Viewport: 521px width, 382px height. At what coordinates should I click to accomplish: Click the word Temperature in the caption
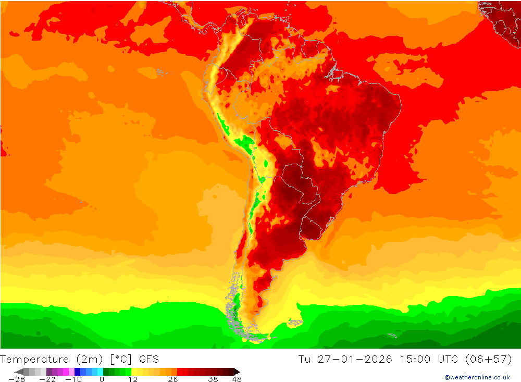[34, 359]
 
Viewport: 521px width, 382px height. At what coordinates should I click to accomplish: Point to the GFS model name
[149, 359]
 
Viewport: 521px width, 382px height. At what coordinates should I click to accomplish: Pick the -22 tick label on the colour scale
[47, 379]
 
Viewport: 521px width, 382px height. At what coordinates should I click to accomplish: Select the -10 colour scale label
[73, 379]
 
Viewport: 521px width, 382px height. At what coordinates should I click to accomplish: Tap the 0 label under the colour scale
[102, 379]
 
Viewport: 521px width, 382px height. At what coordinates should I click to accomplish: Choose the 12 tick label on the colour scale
[133, 379]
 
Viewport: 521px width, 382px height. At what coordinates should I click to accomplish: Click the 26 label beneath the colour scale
[173, 379]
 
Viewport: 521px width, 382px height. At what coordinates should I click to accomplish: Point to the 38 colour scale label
[213, 379]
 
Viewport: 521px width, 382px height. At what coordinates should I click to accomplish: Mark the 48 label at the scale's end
[237, 379]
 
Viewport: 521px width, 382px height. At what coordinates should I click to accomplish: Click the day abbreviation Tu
[304, 359]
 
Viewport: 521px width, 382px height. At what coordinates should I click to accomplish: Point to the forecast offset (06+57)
[491, 359]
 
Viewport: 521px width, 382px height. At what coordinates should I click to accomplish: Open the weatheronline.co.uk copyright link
[477, 377]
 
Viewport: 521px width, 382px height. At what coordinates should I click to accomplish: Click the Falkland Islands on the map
[295, 322]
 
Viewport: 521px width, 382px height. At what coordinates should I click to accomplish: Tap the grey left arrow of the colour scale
[19, 372]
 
